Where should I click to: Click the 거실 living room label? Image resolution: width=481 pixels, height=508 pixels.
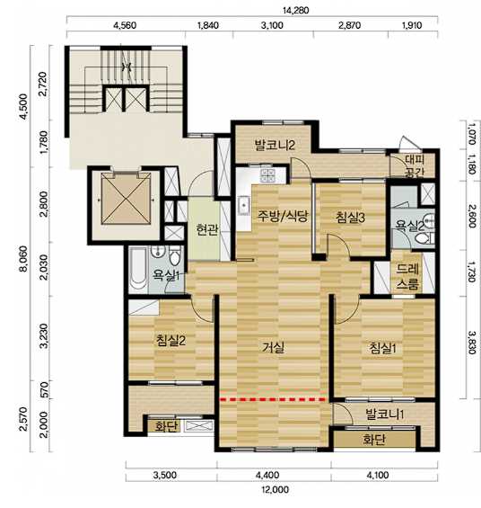pos(274,348)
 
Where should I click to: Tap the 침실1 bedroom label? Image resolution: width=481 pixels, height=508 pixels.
pos(382,348)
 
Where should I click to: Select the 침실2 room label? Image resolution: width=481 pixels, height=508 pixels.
pos(171,341)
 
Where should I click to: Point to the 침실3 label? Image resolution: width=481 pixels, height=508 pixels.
pos(350,218)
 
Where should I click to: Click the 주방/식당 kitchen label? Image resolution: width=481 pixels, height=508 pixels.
pos(282,216)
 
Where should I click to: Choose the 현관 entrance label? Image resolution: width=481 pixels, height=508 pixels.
pos(207,229)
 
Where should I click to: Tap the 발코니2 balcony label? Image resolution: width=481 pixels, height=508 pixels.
pos(275,145)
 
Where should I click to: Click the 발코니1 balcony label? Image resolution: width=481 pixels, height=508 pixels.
pos(384,414)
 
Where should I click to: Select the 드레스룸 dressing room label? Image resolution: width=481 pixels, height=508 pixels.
pos(408,276)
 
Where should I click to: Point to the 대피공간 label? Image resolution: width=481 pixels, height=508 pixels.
pos(415,165)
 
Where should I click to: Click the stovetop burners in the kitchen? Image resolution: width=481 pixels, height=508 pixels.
pos(268,175)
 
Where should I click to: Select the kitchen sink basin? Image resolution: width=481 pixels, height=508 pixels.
pos(244,206)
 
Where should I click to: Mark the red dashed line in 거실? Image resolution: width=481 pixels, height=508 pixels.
pos(273,400)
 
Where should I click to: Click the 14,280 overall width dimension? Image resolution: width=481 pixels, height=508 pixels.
pos(296,11)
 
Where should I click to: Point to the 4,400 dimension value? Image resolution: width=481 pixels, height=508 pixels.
pos(267,475)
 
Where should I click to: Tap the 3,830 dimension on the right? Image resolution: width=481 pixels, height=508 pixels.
pos(472,343)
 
